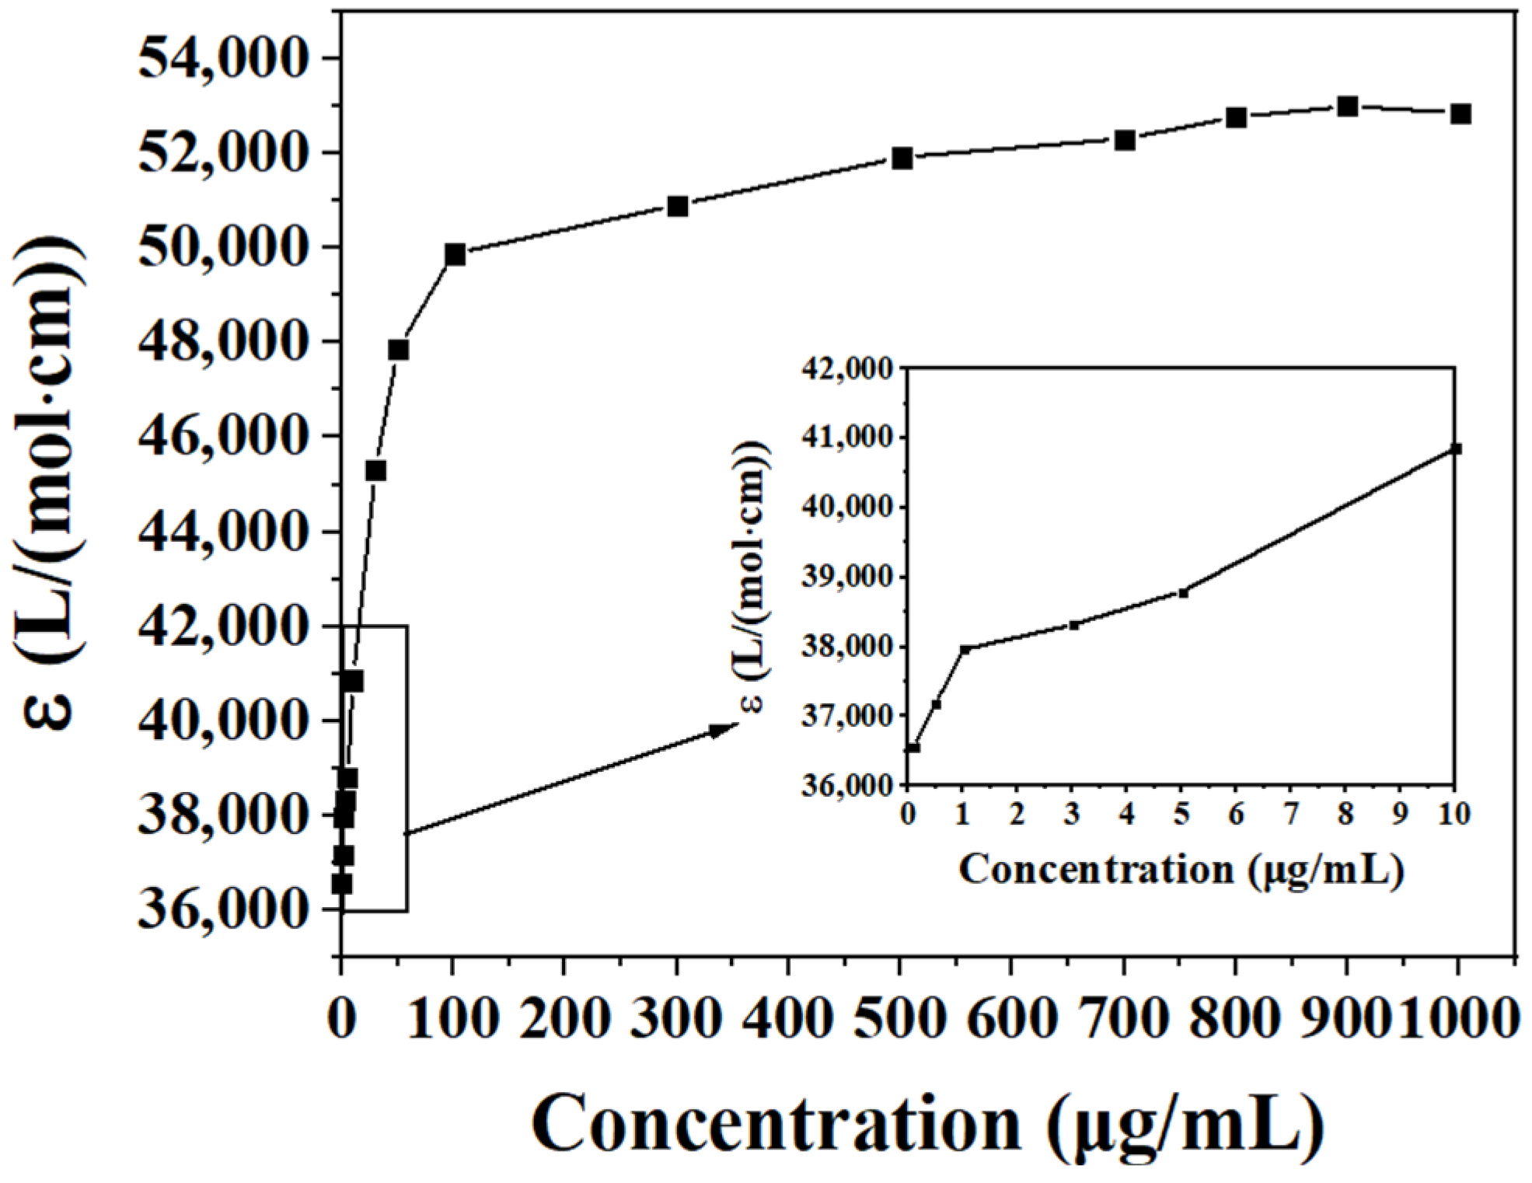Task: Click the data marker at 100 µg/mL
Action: (455, 254)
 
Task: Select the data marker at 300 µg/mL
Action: (678, 206)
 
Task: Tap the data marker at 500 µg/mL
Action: (902, 158)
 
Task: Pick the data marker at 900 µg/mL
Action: (1348, 106)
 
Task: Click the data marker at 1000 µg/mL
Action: (1460, 114)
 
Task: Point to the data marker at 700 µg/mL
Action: (1125, 141)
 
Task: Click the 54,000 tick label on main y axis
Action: (219, 58)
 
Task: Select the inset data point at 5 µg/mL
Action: (1183, 593)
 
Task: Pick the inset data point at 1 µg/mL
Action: (964, 649)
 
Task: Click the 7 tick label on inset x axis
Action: (1291, 814)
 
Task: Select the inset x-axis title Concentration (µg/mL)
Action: (1181, 870)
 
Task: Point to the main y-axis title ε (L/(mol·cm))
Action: (48, 482)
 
